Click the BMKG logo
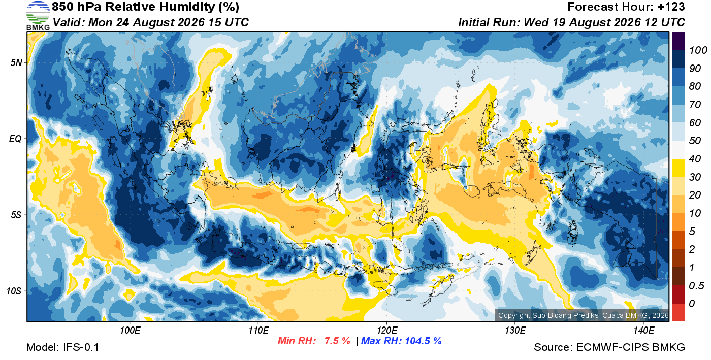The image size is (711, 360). tap(38, 16)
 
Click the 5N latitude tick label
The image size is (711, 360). tap(16, 63)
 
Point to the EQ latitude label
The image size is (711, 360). tap(15, 139)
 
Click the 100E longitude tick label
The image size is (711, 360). tap(130, 331)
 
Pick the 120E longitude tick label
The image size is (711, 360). tap(387, 331)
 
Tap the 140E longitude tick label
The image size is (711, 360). tap(644, 331)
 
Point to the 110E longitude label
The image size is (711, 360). tap(258, 331)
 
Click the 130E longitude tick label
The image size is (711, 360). tap(515, 331)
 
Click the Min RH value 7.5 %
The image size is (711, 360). tap(337, 341)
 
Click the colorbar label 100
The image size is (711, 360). tap(698, 50)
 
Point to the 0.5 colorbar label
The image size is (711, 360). tap(696, 286)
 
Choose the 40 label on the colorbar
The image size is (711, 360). tap(695, 159)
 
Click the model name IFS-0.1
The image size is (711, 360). tap(81, 347)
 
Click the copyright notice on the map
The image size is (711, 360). tap(583, 315)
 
